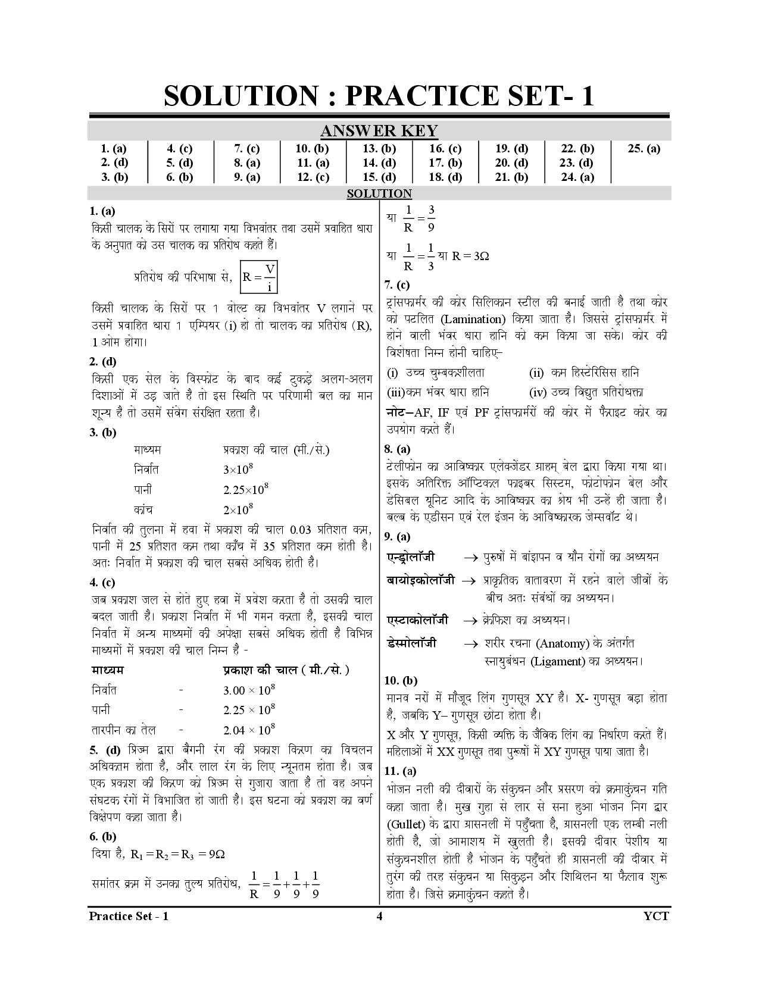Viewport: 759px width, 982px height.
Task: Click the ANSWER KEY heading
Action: tap(379, 131)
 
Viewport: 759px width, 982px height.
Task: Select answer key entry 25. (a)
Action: tap(644, 149)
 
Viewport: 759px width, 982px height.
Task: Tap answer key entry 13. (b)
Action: tap(379, 149)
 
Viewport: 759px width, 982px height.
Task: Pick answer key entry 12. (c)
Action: tap(313, 177)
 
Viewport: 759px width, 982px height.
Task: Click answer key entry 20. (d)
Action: tap(511, 162)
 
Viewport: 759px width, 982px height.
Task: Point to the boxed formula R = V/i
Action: tap(259, 277)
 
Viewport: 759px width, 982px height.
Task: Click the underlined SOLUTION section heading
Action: tap(379, 193)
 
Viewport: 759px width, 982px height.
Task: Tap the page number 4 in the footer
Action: tap(379, 915)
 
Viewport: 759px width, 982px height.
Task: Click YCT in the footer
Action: tap(656, 915)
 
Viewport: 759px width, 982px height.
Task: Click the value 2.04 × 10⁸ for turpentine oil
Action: tap(249, 729)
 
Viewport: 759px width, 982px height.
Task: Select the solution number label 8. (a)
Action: tap(397, 449)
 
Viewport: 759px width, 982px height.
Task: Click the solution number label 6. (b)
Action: tap(103, 836)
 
